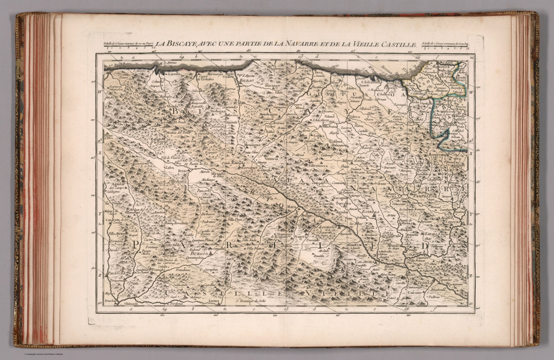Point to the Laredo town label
(172, 74)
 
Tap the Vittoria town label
(271, 159)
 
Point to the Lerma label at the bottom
(214, 300)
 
